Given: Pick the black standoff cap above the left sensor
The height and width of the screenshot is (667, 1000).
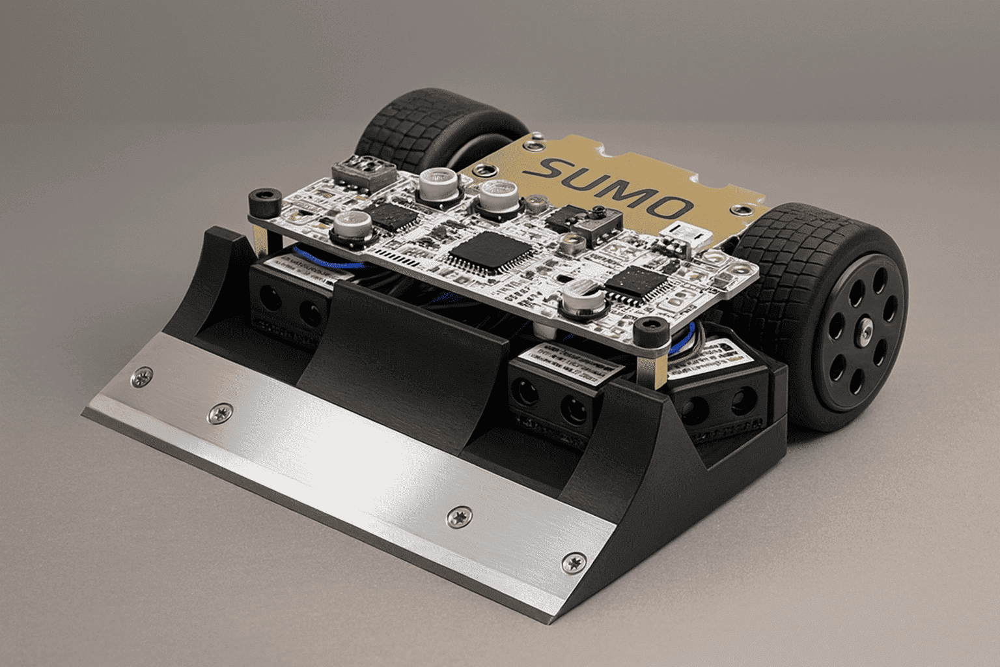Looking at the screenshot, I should click(x=264, y=203).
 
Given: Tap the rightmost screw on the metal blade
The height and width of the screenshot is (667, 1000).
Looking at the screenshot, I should click(x=573, y=563).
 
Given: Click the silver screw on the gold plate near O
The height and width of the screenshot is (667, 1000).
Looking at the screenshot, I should click(x=738, y=210).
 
